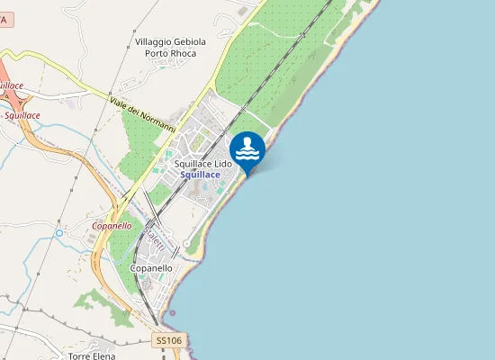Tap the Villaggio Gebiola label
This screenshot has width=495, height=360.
(171, 41)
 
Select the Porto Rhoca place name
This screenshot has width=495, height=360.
(171, 52)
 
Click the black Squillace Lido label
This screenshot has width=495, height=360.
(203, 164)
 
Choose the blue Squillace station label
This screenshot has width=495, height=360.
(200, 175)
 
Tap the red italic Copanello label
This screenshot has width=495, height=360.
(112, 226)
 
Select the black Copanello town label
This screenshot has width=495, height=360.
(151, 268)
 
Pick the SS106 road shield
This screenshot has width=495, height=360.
(168, 340)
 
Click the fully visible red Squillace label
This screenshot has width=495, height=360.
(22, 115)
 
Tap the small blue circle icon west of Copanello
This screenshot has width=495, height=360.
(59, 233)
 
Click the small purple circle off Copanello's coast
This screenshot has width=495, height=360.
(175, 313)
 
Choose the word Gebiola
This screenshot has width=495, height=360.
(190, 41)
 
